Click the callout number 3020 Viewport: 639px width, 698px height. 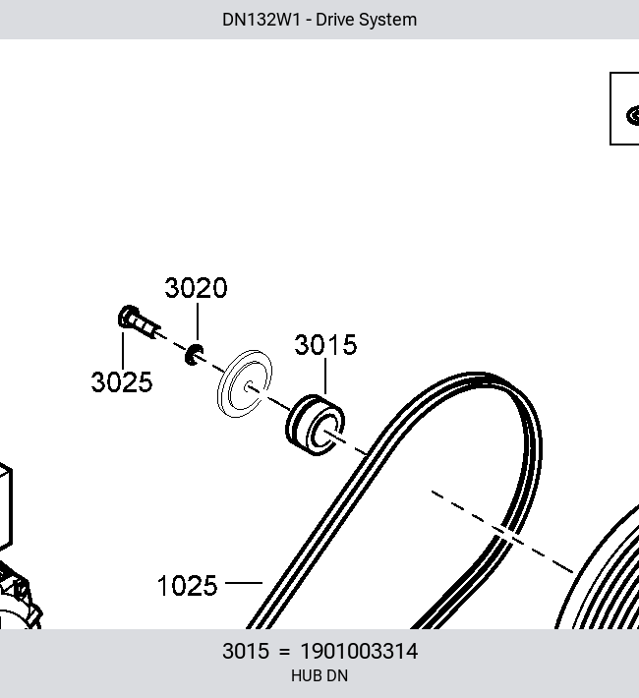[x=196, y=288]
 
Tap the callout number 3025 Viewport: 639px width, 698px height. [x=122, y=382]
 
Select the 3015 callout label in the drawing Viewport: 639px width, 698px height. [x=325, y=344]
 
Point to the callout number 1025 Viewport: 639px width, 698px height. [x=188, y=585]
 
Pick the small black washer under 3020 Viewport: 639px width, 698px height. [x=195, y=355]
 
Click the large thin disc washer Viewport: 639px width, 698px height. [x=245, y=383]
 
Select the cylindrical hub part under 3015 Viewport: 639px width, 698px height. [x=315, y=425]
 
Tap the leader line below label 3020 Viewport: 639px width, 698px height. [x=198, y=322]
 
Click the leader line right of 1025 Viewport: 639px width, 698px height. [x=244, y=582]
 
